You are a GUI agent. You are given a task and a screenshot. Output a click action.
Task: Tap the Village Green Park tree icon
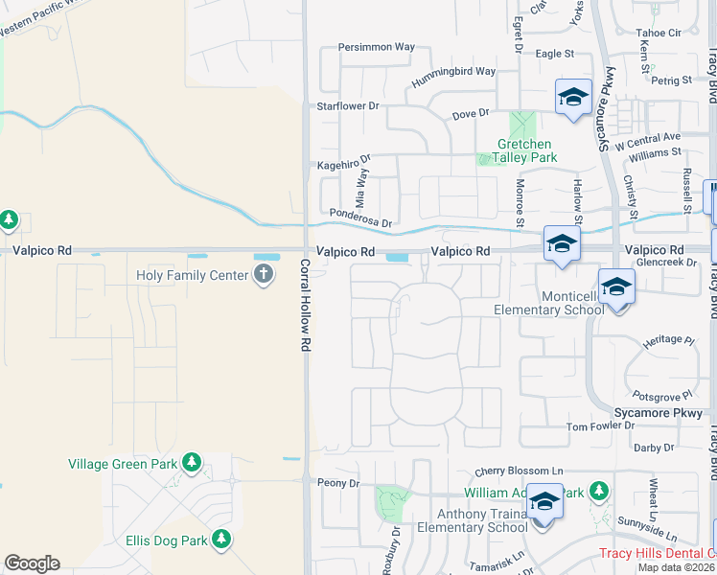coord(192,464)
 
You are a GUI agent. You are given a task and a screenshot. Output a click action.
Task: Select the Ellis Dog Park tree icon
coord(221,540)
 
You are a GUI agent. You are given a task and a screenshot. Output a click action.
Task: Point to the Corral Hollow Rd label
coord(306,304)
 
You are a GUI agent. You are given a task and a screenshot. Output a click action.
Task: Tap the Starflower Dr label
coord(348,105)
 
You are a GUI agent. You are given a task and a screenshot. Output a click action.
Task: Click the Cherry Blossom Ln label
coord(519,471)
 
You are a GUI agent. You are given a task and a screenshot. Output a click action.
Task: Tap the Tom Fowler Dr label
coord(601,426)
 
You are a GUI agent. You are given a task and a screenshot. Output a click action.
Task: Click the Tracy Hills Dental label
coord(658,553)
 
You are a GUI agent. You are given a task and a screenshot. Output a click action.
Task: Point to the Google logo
coord(32,563)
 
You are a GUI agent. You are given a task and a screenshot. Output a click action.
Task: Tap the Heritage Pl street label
coord(668,340)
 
